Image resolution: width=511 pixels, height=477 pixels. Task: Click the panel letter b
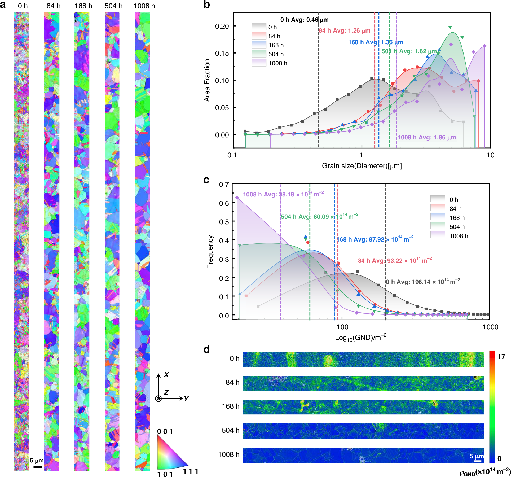[x=206, y=5]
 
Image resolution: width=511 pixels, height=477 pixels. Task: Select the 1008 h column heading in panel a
[x=144, y=6]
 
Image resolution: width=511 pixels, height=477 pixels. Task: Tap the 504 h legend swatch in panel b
[x=259, y=54]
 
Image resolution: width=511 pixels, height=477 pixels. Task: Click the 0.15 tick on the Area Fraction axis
[x=222, y=53]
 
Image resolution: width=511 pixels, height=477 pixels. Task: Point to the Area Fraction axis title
[x=207, y=80]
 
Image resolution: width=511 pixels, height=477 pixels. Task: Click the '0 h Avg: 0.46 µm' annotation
[x=304, y=20]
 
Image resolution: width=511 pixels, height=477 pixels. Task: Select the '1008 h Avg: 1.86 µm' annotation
[x=427, y=137]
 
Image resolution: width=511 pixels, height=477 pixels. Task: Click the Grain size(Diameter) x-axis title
[x=362, y=166]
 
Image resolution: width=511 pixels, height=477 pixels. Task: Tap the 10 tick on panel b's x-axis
[x=490, y=155]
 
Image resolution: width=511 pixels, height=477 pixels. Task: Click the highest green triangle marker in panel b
[x=450, y=28]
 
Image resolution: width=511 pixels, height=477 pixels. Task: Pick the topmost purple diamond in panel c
[x=237, y=198]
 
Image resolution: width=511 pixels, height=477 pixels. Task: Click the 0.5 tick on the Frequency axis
[x=224, y=222]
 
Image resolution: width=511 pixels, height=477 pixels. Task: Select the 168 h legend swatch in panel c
[x=438, y=217]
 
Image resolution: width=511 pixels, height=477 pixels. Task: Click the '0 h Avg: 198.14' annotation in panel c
[x=422, y=282]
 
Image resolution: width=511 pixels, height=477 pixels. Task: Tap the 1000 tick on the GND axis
[x=490, y=327]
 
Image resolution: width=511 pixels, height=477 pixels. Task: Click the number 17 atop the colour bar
[x=501, y=356]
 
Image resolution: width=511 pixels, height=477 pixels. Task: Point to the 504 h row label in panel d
[x=230, y=430]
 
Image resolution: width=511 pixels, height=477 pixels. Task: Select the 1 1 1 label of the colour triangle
[x=190, y=471]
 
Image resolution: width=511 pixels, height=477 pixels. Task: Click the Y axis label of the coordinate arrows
[x=186, y=399]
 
